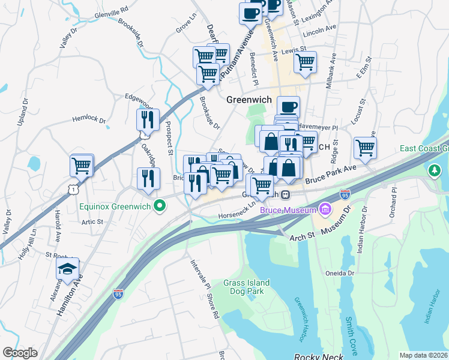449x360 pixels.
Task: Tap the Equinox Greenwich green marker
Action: pyautogui.click(x=159, y=208)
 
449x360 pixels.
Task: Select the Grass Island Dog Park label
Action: pyautogui.click(x=247, y=287)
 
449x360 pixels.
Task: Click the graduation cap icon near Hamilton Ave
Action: pyautogui.click(x=68, y=269)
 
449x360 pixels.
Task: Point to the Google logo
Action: pyautogui.click(x=20, y=353)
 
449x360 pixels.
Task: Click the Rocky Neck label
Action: pyautogui.click(x=318, y=357)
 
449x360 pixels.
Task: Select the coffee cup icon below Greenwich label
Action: pyautogui.click(x=288, y=106)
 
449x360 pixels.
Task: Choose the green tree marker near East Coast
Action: pyautogui.click(x=434, y=171)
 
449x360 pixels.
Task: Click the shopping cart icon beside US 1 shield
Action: pyautogui.click(x=82, y=165)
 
